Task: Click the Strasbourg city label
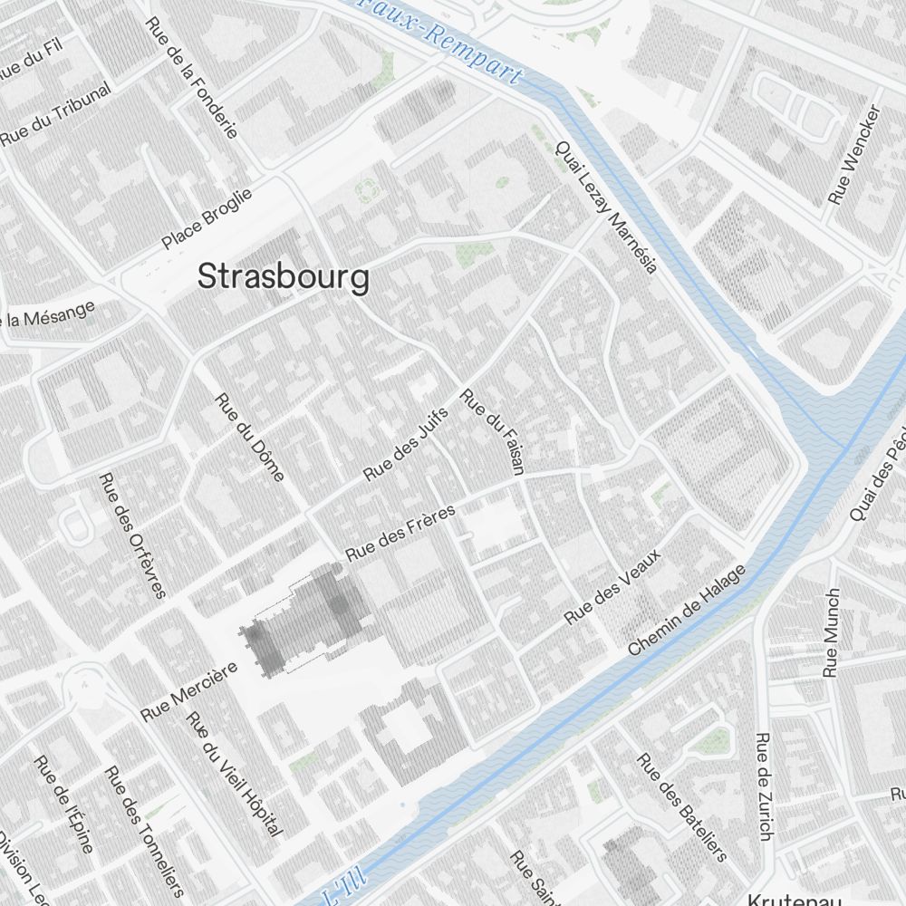(284, 277)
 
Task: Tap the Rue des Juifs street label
(406, 442)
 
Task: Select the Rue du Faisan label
(493, 432)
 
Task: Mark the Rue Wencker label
(854, 155)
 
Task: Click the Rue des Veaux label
(612, 586)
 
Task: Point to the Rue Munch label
(832, 632)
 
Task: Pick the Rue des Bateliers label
(682, 806)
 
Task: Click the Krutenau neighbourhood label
(795, 900)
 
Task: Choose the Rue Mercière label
(188, 691)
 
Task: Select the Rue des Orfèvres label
(133, 535)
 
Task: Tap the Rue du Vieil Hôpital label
(235, 773)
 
